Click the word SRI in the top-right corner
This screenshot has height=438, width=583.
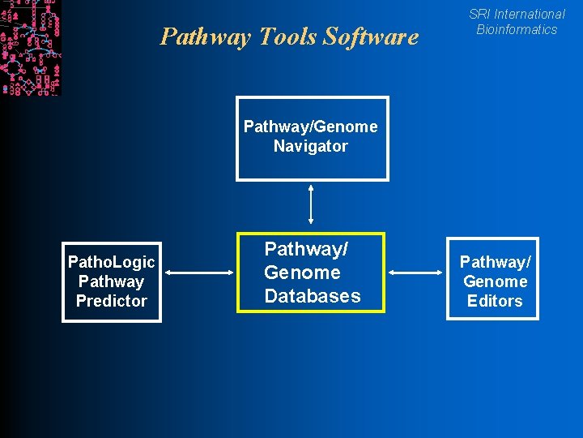click(x=479, y=14)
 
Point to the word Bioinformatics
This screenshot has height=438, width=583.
click(x=517, y=29)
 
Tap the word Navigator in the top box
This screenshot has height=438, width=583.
click(x=310, y=146)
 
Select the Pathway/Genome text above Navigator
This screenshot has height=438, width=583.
click(x=310, y=127)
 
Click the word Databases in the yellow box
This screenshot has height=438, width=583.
click(x=313, y=296)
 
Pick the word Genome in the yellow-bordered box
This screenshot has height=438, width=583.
click(x=302, y=273)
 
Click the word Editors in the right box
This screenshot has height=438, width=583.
click(x=495, y=301)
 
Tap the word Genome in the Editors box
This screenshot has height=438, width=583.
click(x=495, y=281)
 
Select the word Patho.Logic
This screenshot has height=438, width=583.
click(x=111, y=262)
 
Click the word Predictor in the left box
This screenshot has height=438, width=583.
click(x=111, y=301)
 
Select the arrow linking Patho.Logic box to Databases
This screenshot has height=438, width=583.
click(x=198, y=273)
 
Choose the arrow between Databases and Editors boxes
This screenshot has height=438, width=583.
click(x=417, y=273)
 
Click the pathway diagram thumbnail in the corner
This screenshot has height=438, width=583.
click(x=30, y=47)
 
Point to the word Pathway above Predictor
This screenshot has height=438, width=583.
click(x=111, y=281)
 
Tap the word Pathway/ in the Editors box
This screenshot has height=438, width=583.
click(x=495, y=262)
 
